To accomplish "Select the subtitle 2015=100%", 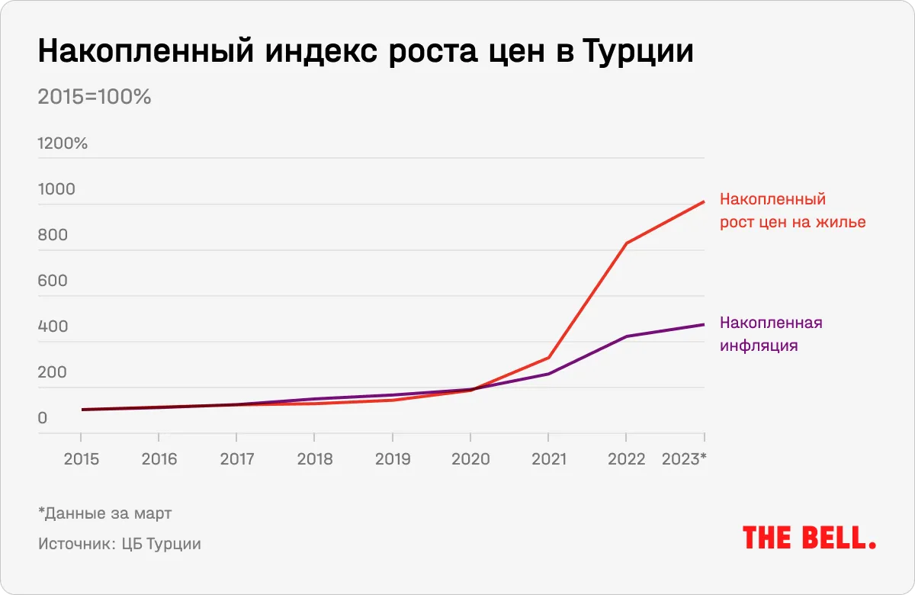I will point(95,98).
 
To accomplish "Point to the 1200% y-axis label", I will point(63,143).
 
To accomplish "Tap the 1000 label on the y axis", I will point(56,189).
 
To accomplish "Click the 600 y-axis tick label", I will point(53,281).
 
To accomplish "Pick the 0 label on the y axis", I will point(43,418).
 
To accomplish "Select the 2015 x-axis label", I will point(81,459).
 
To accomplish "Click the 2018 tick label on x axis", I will point(314,459).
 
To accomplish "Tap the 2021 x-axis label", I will point(548,459).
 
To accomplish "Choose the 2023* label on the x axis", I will point(685,459).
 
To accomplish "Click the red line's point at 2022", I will point(626,243).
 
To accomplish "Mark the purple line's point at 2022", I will point(626,336).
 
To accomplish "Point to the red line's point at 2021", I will point(548,358).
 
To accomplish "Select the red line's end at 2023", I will point(704,201).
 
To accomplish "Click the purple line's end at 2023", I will point(704,324).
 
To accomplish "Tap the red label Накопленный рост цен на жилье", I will point(792,211).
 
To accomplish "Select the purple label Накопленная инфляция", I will point(771,333).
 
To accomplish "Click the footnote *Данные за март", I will point(104,513).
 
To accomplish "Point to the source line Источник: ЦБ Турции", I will point(120,544).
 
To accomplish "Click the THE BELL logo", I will point(809,537).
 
